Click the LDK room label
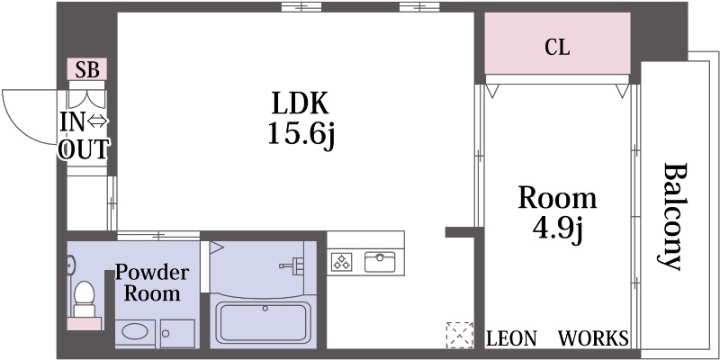pyautogui.click(x=301, y=103)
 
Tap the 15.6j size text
pyautogui.click(x=301, y=134)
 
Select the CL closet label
pyautogui.click(x=557, y=47)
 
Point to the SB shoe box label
pyautogui.click(x=87, y=70)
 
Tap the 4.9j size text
pyautogui.click(x=557, y=228)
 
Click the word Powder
pyautogui.click(x=151, y=272)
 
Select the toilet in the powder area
pyautogui.click(x=84, y=299)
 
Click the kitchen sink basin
pyautogui.click(x=380, y=262)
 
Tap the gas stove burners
pyautogui.click(x=342, y=262)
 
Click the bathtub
pyautogui.click(x=263, y=322)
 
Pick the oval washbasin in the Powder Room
pyautogui.click(x=135, y=331)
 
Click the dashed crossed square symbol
pyautogui.click(x=460, y=335)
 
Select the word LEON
pyautogui.click(x=511, y=339)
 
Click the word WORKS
pyautogui.click(x=593, y=339)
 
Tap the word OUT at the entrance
pyautogui.click(x=85, y=149)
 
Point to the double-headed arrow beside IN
pyautogui.click(x=97, y=121)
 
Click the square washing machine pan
pyautogui.click(x=177, y=334)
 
